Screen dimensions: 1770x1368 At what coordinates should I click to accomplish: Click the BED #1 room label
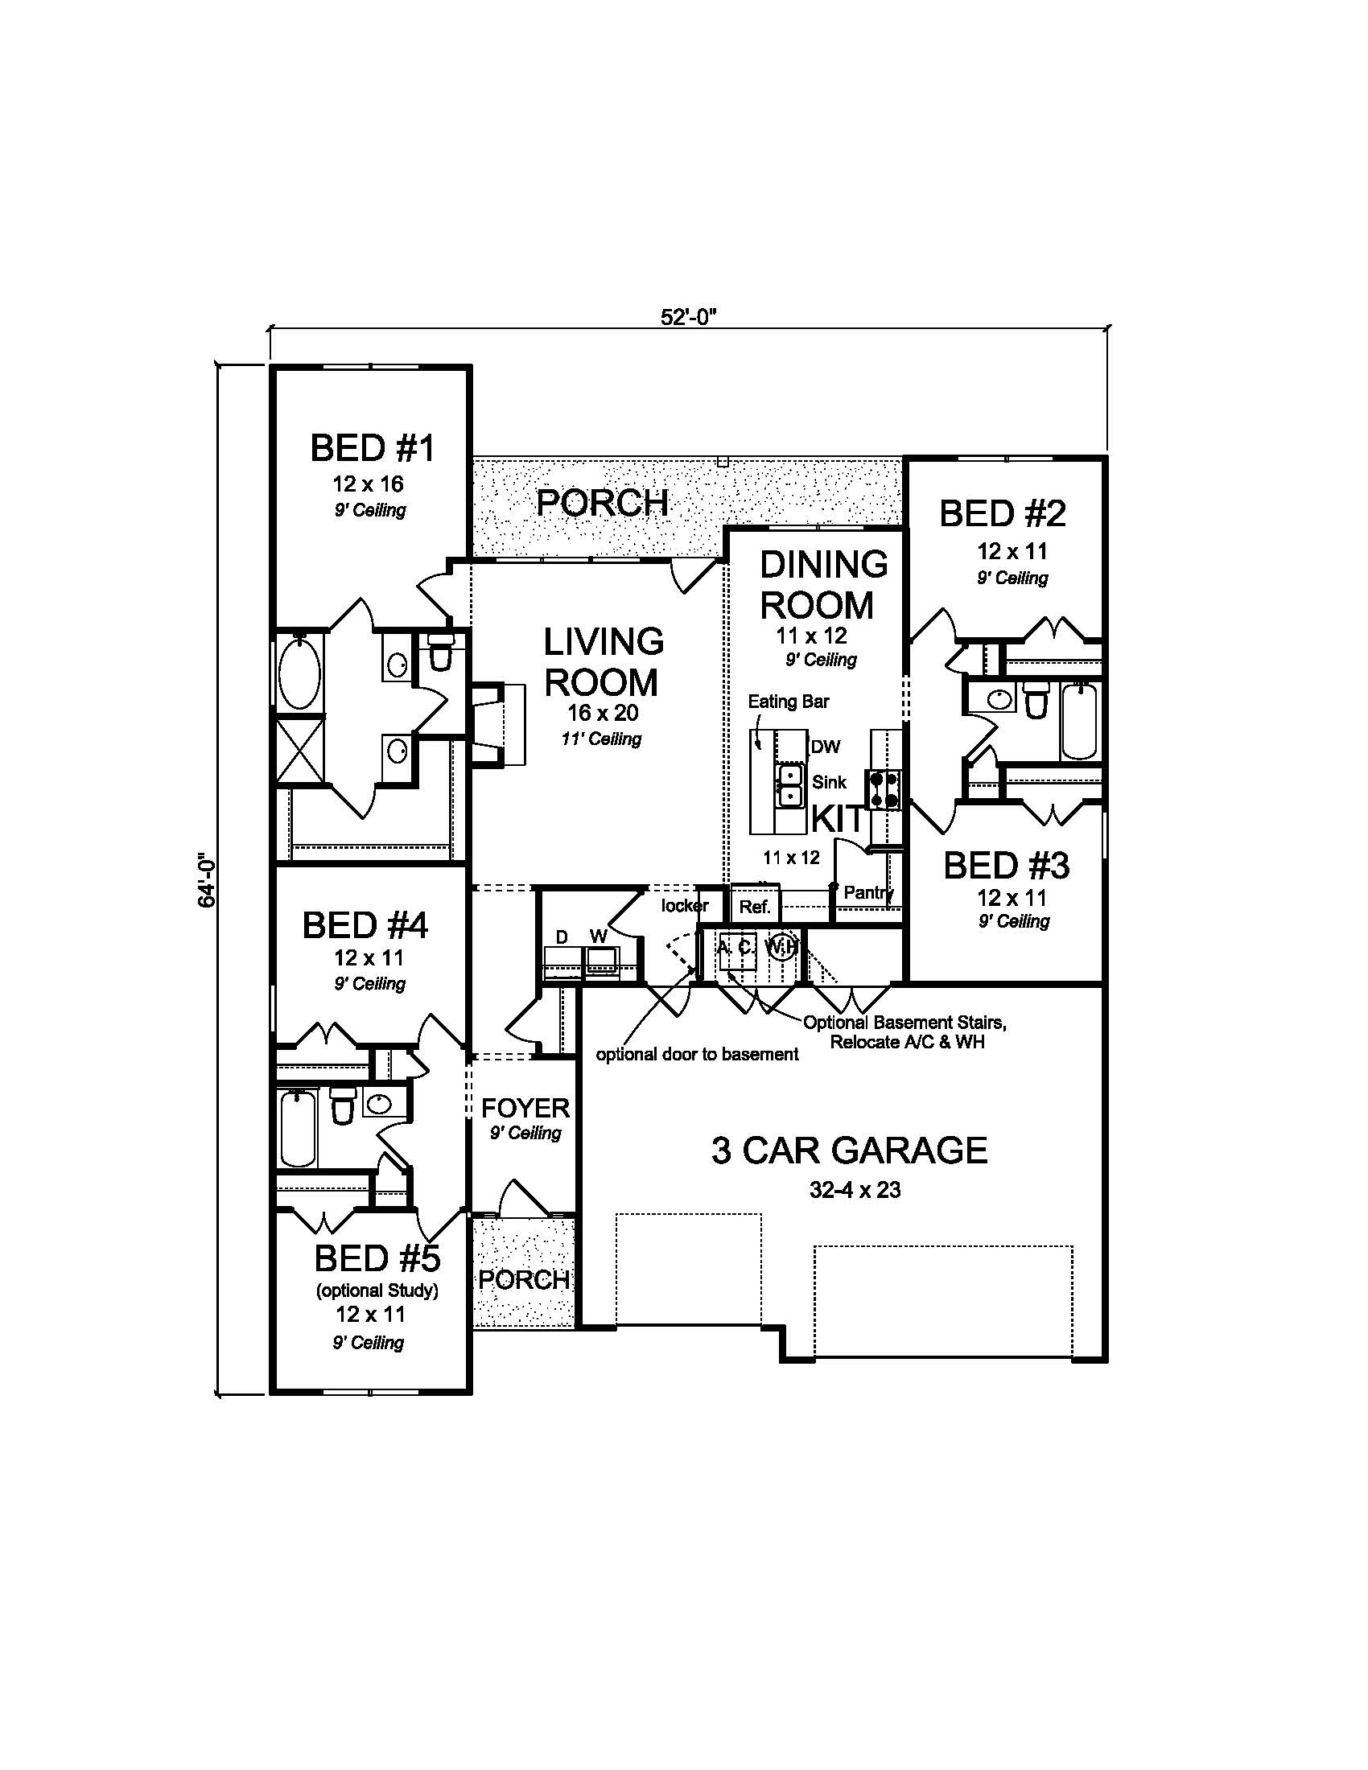[372, 447]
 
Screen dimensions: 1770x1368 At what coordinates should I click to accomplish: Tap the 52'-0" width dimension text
[690, 317]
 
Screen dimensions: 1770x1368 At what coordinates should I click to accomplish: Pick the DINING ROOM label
[822, 584]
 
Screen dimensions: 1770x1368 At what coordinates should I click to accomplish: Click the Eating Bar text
[788, 701]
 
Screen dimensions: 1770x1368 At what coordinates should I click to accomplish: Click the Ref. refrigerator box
[755, 906]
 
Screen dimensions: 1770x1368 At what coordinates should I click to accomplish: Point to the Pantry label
[868, 892]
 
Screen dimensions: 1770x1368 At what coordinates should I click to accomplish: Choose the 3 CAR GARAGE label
[848, 1150]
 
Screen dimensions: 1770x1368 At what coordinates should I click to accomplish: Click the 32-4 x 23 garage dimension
[854, 1190]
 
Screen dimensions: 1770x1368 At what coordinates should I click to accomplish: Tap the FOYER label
[525, 1107]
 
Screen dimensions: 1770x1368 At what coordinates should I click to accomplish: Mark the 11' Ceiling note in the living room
[600, 739]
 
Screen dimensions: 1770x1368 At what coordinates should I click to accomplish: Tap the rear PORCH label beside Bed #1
[602, 504]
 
